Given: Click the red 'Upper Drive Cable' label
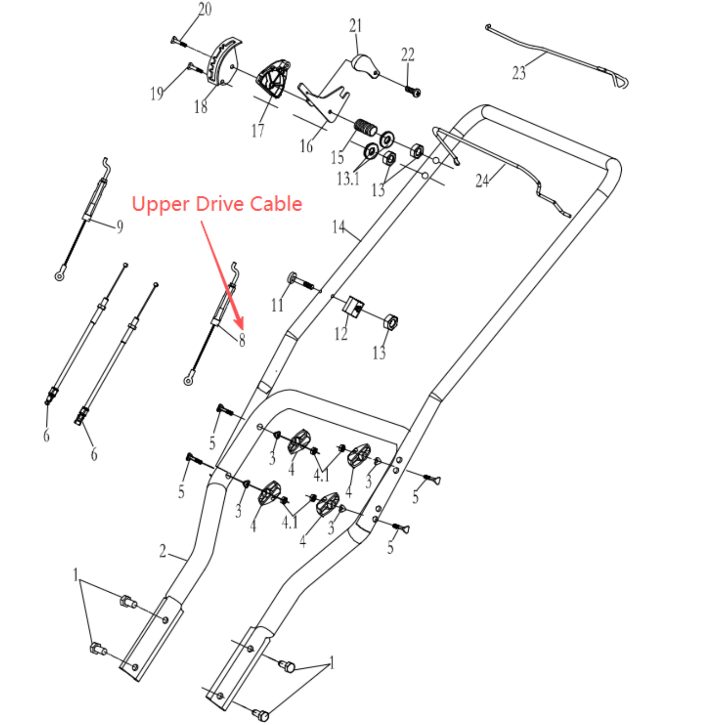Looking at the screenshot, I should [x=217, y=204].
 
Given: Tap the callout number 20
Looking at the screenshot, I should [x=205, y=10].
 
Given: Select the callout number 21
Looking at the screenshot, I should [x=356, y=26].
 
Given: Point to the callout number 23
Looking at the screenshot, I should [x=519, y=73].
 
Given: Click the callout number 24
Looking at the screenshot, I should [x=482, y=181].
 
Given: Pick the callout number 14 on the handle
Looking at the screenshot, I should [x=338, y=227].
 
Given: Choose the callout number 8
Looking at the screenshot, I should [x=242, y=340].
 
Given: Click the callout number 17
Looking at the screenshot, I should [x=258, y=131].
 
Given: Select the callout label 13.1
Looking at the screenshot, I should [x=348, y=179].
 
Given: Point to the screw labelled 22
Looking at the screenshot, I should [x=413, y=92].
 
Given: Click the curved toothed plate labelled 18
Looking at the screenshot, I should [x=222, y=62].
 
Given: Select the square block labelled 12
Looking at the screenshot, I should [x=354, y=305].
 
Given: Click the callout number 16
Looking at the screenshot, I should [x=306, y=146].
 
